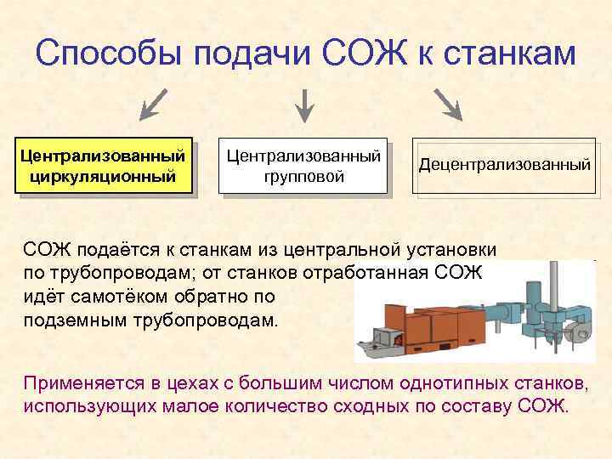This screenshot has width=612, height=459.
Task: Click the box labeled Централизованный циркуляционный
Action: [x=103, y=167]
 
